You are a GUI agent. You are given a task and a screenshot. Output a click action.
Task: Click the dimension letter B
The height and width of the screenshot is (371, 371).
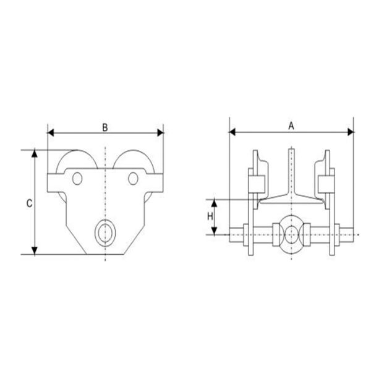click(x=105, y=127)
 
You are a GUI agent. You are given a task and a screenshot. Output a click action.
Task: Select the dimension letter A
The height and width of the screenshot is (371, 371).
click(x=291, y=126)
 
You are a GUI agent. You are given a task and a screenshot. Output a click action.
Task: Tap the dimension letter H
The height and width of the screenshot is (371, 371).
click(x=210, y=217)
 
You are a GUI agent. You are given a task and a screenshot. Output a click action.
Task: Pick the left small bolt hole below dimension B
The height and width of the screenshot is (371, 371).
click(x=77, y=179)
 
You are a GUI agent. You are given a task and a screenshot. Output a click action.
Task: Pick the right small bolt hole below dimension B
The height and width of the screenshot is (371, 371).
click(x=133, y=179)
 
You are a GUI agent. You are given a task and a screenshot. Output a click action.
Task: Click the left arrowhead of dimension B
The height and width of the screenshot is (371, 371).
click(x=51, y=132)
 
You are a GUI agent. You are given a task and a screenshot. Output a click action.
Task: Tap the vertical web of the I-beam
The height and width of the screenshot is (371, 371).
click(x=291, y=170)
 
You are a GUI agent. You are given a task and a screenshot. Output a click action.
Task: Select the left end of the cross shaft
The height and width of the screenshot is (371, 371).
click(x=232, y=234)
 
